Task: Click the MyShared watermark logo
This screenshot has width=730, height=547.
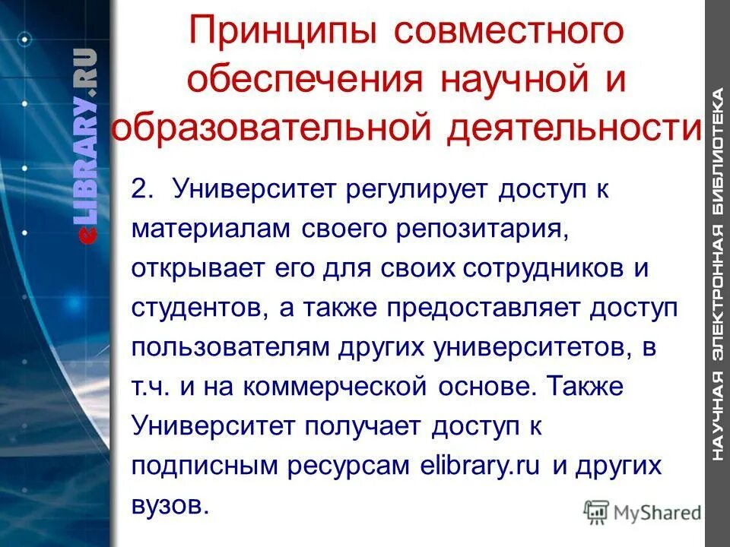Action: click(x=643, y=512)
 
